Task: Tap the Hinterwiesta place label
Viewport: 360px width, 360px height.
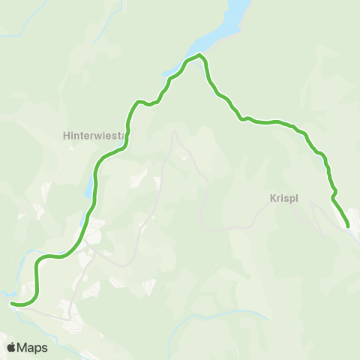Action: [x=93, y=136]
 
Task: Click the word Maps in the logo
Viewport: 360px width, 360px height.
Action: [x=33, y=347]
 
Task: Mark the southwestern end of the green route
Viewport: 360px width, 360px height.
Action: [x=12, y=303]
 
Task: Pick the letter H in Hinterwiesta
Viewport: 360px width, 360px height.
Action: [x=66, y=136]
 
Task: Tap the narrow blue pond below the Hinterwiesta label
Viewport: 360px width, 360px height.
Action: [x=90, y=187]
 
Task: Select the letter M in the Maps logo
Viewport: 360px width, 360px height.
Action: [x=25, y=347]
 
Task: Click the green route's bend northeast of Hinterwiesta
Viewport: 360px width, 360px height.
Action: [x=137, y=102]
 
